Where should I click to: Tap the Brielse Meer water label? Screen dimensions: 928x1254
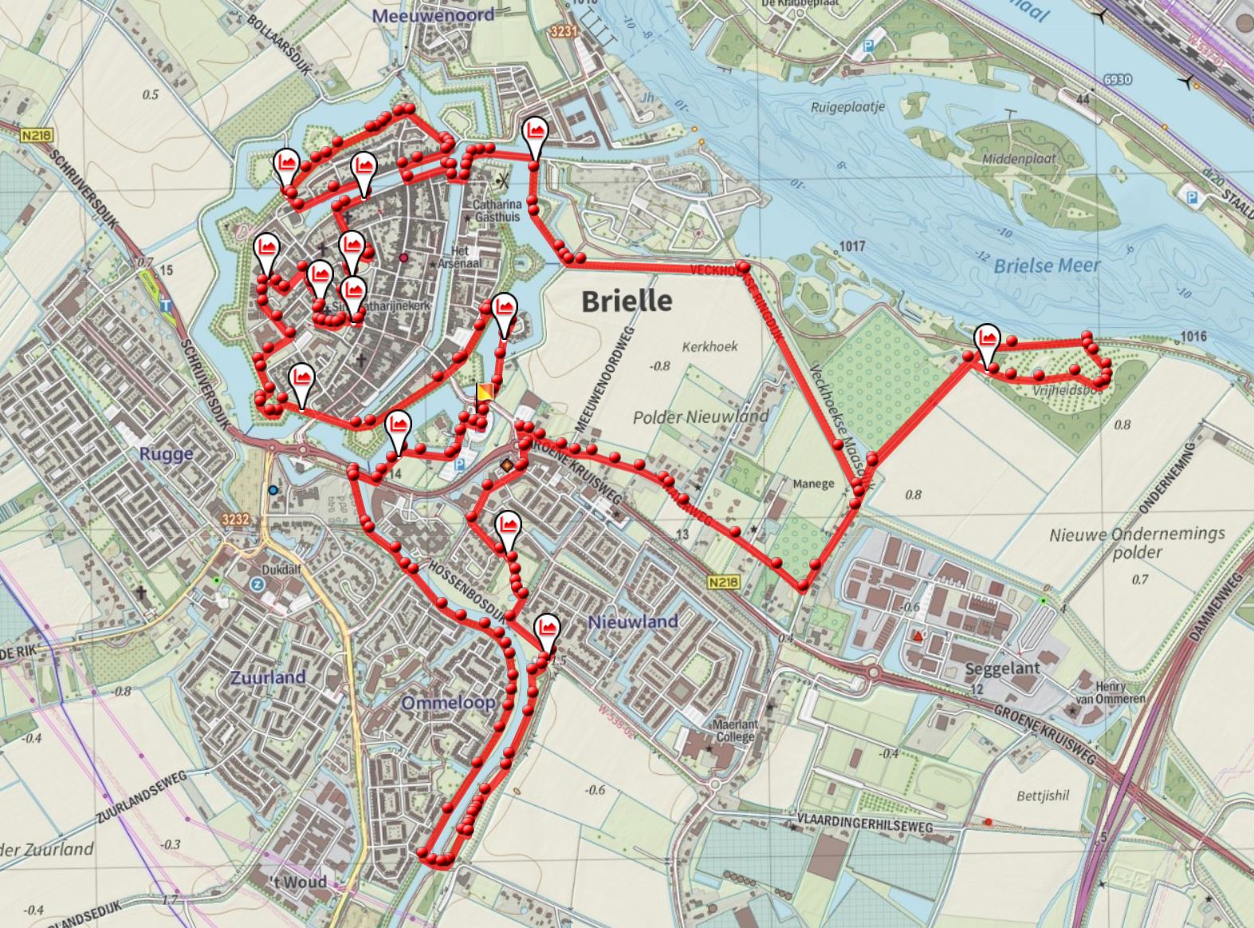point(1047,266)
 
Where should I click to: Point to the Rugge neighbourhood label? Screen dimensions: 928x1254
point(166,454)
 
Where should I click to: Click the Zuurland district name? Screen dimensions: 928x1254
point(268,677)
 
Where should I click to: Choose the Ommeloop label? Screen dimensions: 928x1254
point(448,703)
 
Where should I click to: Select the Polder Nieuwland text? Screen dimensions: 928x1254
point(701,417)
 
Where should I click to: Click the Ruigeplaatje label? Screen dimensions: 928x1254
point(848,108)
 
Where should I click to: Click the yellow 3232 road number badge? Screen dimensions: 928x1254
point(237,519)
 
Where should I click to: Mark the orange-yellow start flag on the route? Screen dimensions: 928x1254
point(484,393)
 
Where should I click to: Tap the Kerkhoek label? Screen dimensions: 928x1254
point(710,347)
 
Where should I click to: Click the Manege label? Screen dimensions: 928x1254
point(813,484)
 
